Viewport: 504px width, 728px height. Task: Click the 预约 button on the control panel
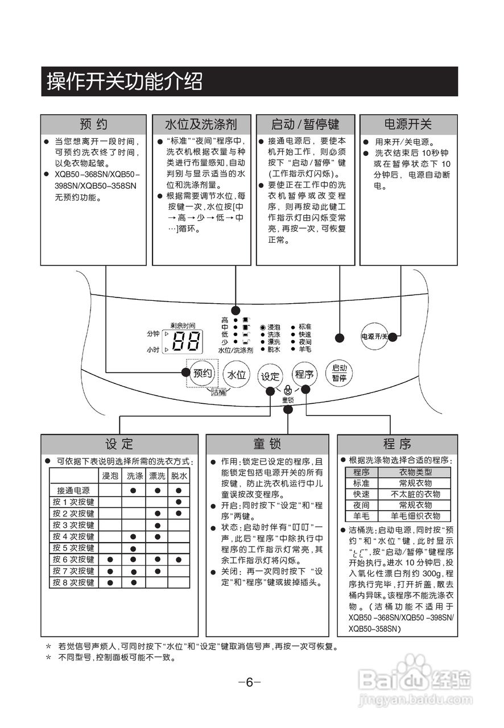click(203, 374)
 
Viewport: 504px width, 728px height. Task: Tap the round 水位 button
click(237, 375)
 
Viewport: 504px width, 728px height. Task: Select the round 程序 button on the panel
click(304, 374)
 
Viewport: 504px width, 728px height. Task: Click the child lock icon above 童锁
click(288, 390)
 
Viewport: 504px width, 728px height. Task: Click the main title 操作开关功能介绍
click(125, 82)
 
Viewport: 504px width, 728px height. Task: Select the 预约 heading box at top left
click(93, 124)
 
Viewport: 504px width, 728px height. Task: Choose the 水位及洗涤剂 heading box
click(201, 124)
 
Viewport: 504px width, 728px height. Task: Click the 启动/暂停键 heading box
click(305, 124)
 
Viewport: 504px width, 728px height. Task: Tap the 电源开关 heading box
click(408, 124)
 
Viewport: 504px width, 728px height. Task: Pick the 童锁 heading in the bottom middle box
click(267, 444)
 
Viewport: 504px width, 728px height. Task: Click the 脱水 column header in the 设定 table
click(179, 475)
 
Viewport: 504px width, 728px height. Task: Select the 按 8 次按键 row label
click(73, 582)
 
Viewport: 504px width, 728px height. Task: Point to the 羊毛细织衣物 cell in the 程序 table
click(415, 516)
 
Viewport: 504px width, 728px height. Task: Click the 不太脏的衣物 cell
click(415, 494)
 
